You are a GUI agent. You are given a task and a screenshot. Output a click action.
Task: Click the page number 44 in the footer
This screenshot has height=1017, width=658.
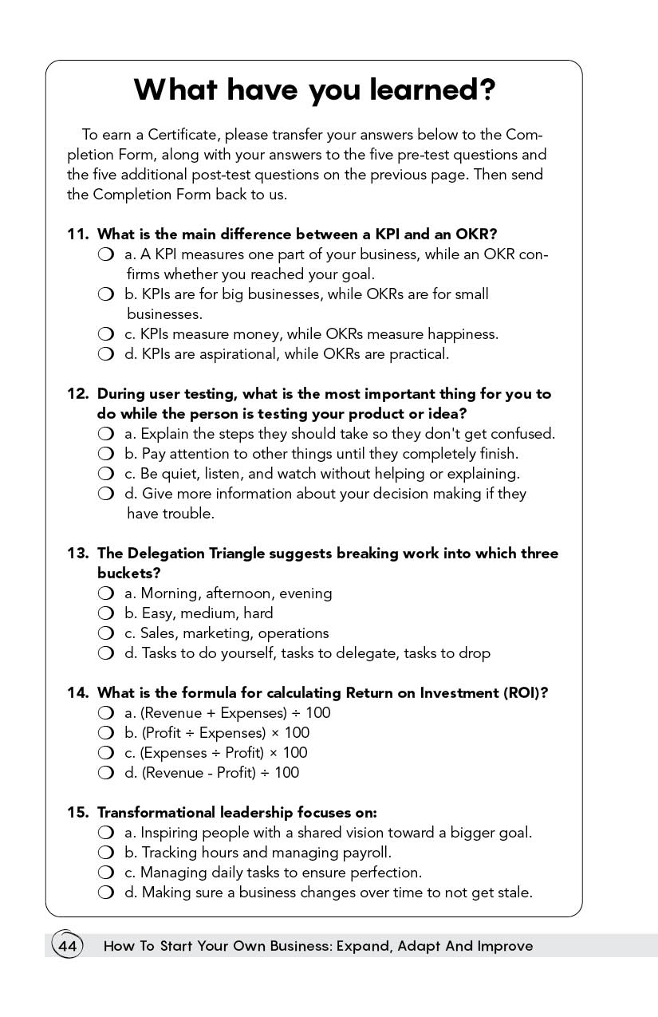point(67,946)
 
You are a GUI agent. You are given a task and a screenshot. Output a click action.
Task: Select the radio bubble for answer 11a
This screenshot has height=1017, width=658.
point(105,254)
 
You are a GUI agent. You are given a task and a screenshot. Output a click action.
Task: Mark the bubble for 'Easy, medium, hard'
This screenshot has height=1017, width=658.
point(105,613)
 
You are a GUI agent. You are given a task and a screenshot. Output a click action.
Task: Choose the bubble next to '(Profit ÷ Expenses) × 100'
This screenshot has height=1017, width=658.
point(105,733)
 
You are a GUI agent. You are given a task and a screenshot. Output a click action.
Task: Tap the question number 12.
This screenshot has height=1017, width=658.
point(77,394)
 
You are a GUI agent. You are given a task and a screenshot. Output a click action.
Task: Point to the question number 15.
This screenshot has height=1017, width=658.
point(77,813)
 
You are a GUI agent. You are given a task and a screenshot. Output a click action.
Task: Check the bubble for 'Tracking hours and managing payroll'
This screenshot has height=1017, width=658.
point(105,853)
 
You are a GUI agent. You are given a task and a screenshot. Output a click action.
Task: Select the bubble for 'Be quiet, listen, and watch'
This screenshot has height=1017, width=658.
point(105,474)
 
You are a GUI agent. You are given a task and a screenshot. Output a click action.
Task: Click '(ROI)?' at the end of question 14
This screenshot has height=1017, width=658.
point(526,693)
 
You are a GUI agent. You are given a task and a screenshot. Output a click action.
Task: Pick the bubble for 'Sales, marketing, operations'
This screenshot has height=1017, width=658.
point(105,633)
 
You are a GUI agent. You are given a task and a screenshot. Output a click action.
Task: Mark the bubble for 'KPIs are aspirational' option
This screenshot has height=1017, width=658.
point(105,354)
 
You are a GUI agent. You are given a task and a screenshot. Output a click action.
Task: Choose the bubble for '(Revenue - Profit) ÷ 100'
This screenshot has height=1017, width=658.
point(105,773)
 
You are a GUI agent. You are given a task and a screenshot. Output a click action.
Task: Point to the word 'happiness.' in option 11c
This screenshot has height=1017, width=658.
point(463,334)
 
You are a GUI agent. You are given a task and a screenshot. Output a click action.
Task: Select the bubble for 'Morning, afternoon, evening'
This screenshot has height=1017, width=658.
point(105,593)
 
